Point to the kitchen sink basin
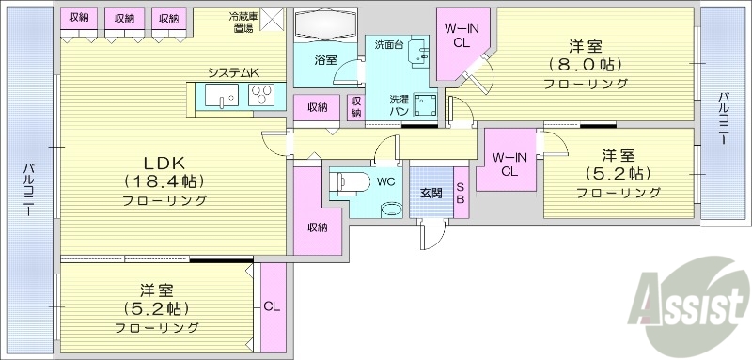point(219,97)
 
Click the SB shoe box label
point(461,192)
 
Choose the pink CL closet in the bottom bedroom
point(272,305)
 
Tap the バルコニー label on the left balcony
point(29,189)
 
